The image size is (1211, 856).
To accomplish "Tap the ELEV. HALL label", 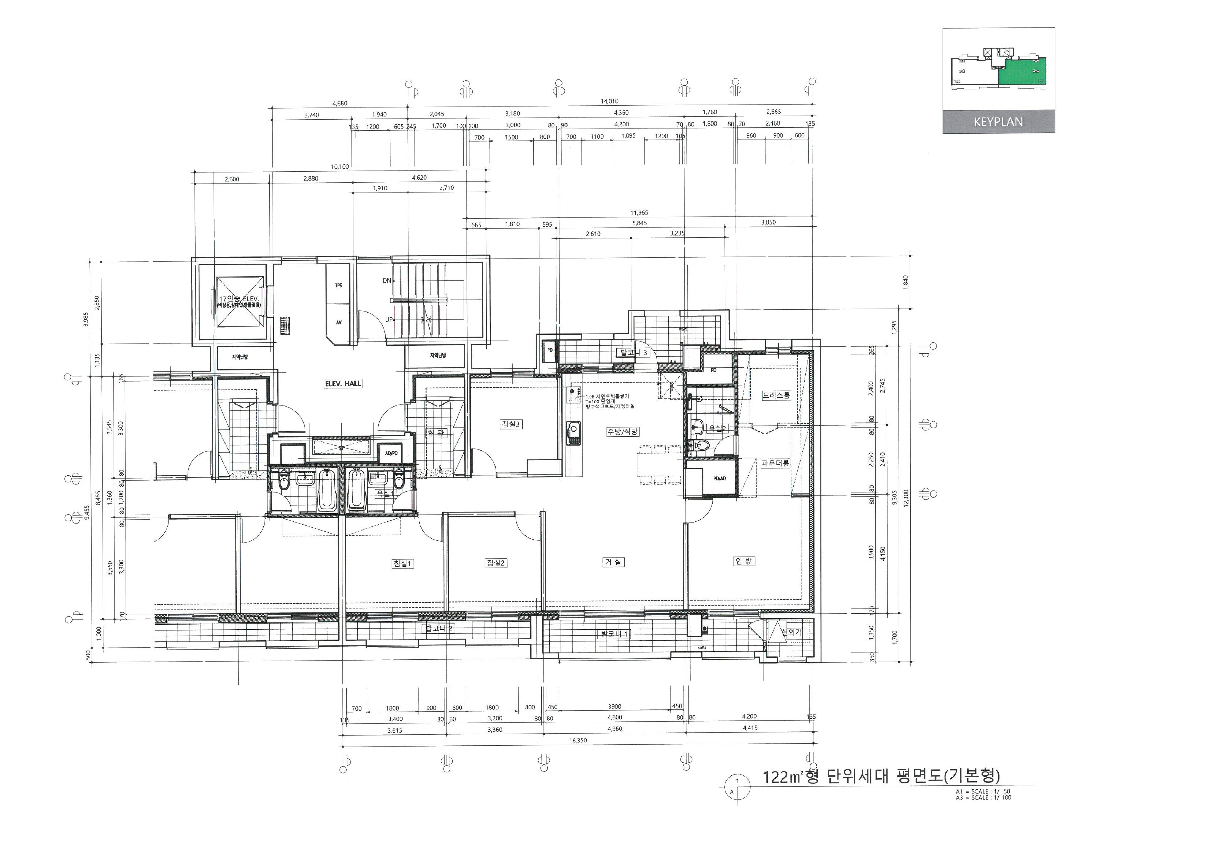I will pos(343,384).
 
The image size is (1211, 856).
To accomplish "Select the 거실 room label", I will pos(613,562).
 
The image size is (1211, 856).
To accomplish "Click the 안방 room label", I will pos(744,561).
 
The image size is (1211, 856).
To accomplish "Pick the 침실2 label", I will pos(496,563).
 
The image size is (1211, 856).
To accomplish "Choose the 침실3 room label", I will pos(510,424).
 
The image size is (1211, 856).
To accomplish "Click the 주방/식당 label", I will pos(622,431).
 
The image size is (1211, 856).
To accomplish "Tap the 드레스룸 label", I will pos(776,395).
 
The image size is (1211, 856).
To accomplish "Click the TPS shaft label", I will pos(338,285).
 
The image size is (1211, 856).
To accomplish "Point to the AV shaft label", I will pos(338,322).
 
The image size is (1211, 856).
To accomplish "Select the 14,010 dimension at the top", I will pos(609,101).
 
